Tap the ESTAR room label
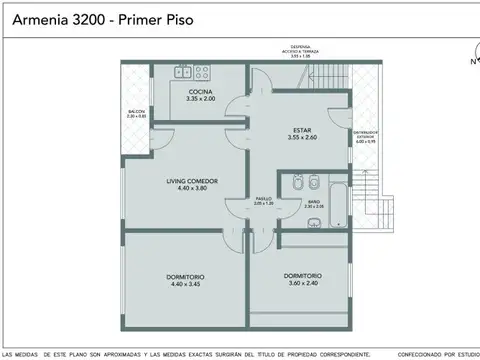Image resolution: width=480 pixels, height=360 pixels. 302,130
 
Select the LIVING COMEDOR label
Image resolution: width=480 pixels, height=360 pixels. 192,181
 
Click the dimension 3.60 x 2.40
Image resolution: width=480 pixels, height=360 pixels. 302,283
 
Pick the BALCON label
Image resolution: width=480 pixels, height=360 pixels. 136,112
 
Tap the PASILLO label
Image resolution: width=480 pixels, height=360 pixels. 263,198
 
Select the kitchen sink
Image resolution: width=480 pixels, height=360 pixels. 183,72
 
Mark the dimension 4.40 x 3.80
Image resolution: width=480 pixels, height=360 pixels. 192,188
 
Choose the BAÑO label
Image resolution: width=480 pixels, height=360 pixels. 313,201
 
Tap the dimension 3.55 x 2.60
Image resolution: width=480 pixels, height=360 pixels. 302,137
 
